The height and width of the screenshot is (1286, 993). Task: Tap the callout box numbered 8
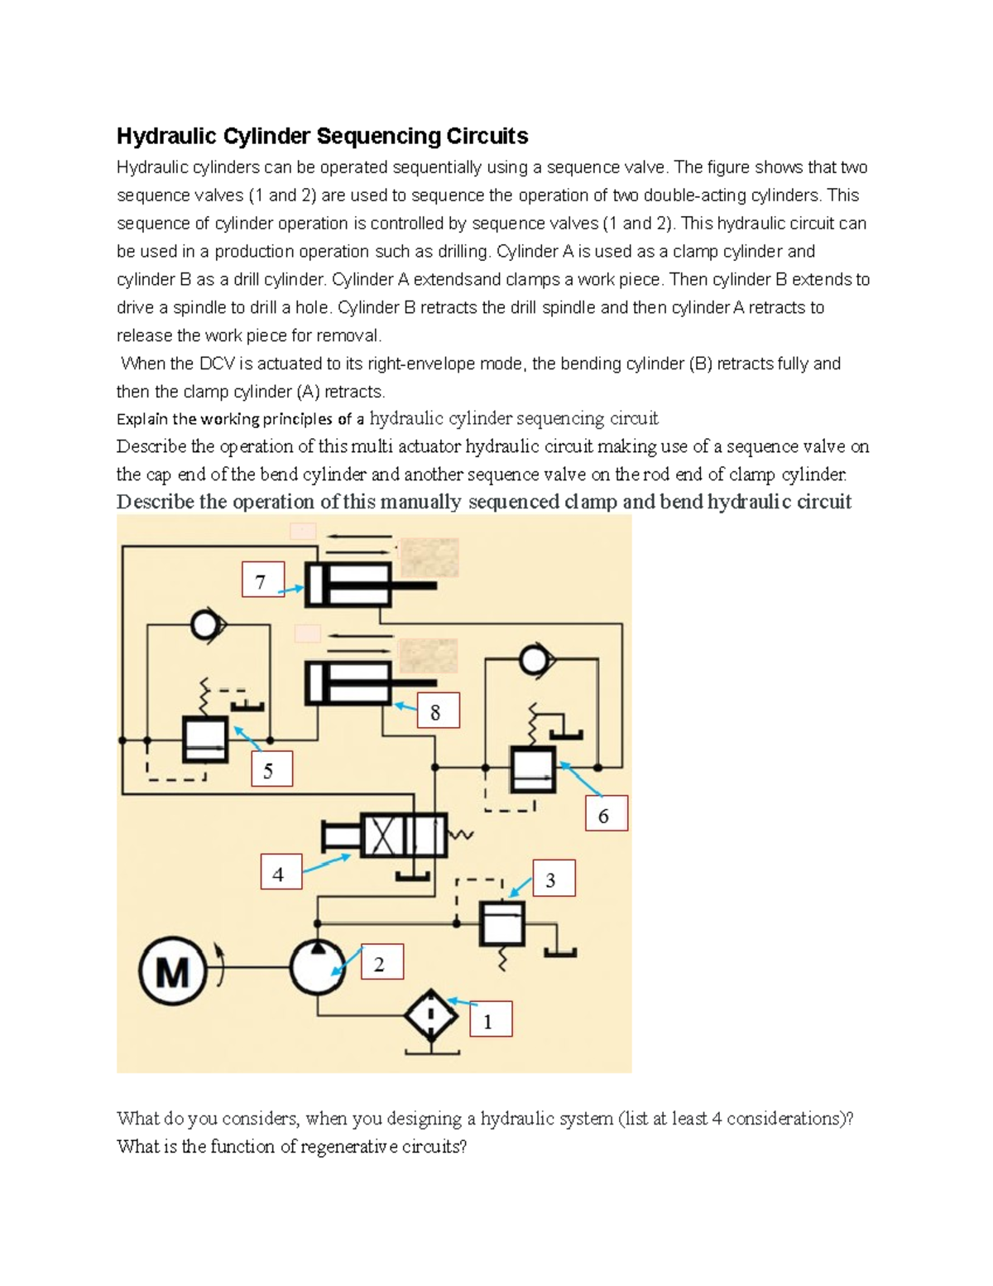click(x=437, y=711)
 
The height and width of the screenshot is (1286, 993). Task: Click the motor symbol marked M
click(x=173, y=969)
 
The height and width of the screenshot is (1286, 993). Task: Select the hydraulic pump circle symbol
click(x=318, y=967)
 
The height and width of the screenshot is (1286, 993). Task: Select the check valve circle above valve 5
click(x=204, y=625)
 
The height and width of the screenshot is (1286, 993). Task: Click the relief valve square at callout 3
click(x=502, y=922)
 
